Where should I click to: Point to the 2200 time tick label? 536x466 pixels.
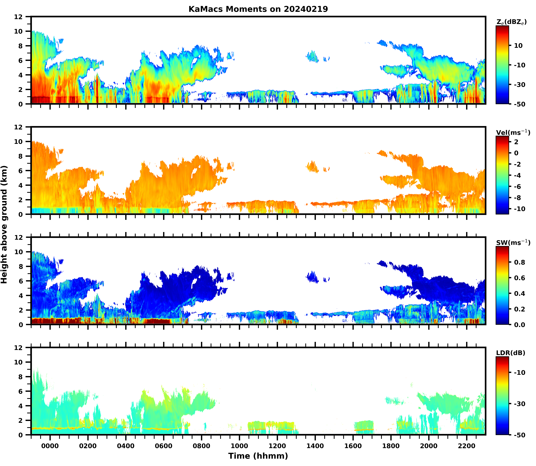coord(467,446)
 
